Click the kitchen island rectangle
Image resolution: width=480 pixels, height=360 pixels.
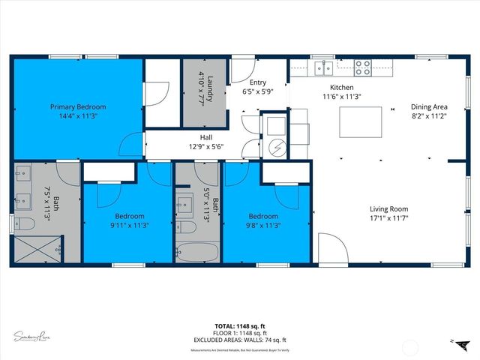(361, 121)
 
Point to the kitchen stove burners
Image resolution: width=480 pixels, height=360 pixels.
(362, 67)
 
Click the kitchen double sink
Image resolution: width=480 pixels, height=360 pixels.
(324, 68)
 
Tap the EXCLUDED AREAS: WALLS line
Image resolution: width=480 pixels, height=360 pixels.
(239, 341)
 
